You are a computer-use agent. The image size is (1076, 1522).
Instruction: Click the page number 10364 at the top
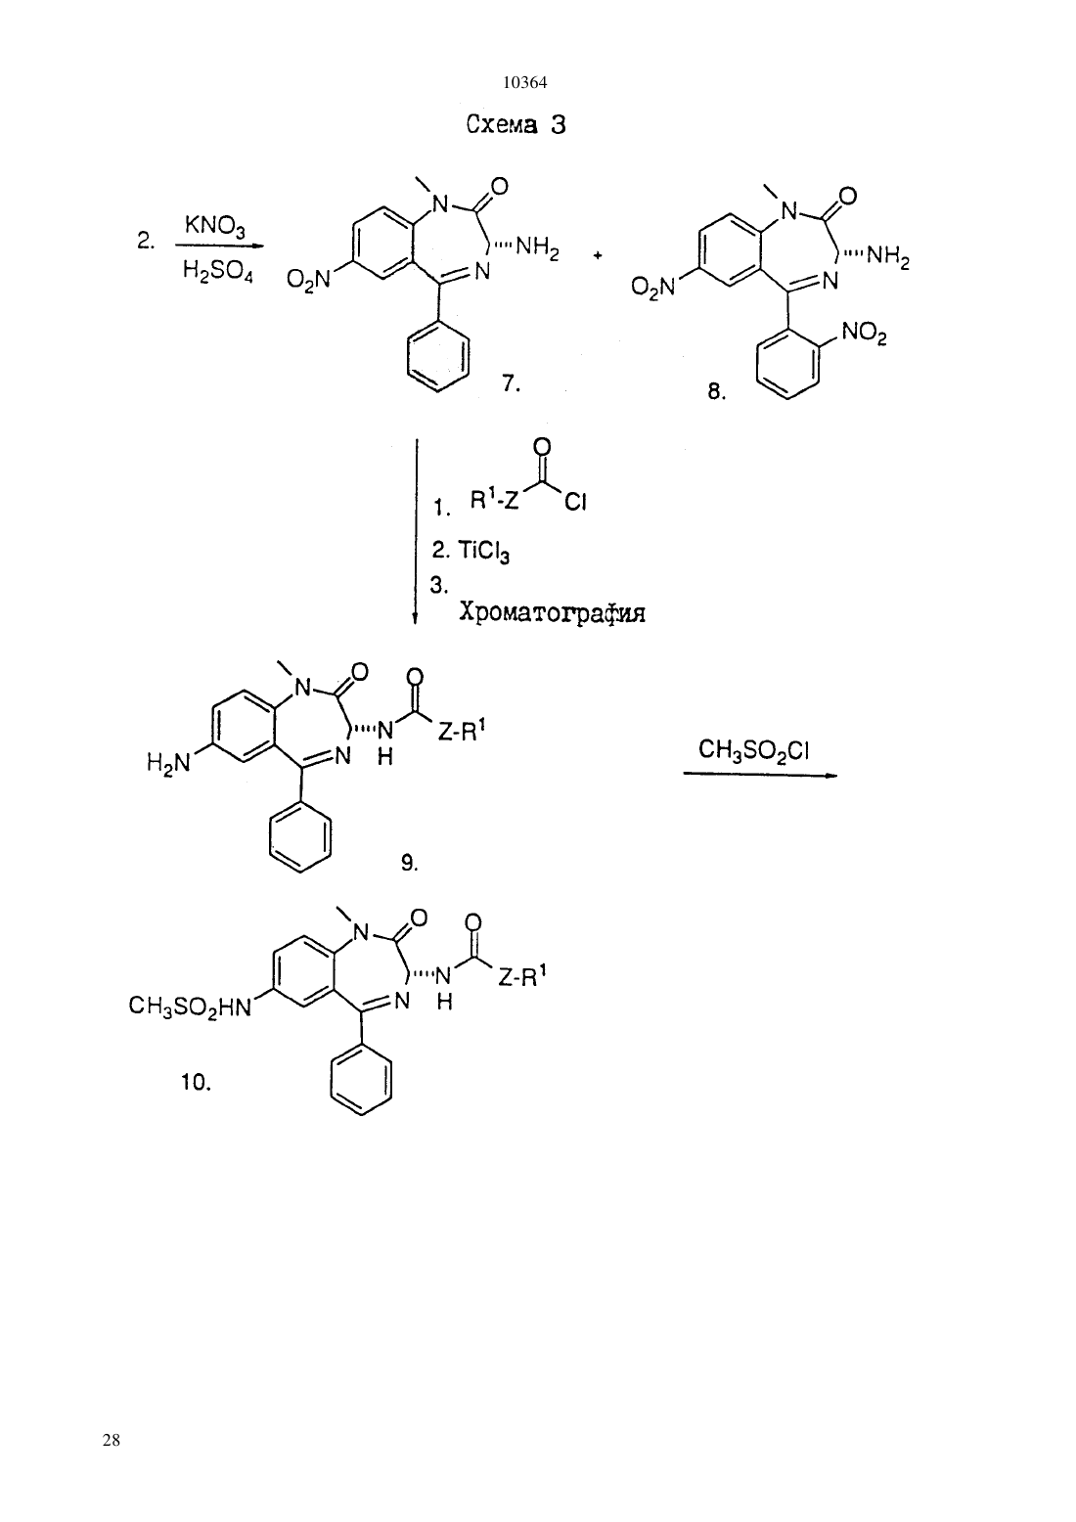[524, 82]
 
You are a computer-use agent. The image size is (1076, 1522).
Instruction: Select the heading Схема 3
[516, 124]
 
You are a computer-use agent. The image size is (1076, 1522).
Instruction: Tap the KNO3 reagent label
[215, 226]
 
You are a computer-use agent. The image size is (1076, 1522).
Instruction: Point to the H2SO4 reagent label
[217, 272]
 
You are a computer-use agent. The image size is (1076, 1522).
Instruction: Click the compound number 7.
[511, 383]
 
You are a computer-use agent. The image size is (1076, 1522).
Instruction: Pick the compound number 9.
[408, 864]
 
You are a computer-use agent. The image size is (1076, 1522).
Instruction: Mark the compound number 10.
[196, 1083]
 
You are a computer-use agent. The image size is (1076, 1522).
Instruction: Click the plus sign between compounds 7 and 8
[597, 255]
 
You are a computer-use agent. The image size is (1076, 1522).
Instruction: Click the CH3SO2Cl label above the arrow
[753, 751]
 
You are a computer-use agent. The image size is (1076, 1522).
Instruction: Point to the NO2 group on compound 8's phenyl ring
[864, 334]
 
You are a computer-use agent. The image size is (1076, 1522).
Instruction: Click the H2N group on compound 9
[168, 764]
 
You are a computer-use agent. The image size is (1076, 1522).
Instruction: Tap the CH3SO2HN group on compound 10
[190, 1007]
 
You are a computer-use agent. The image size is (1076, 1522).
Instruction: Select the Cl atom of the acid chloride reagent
[575, 502]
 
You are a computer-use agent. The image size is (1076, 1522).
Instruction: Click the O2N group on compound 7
[308, 279]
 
